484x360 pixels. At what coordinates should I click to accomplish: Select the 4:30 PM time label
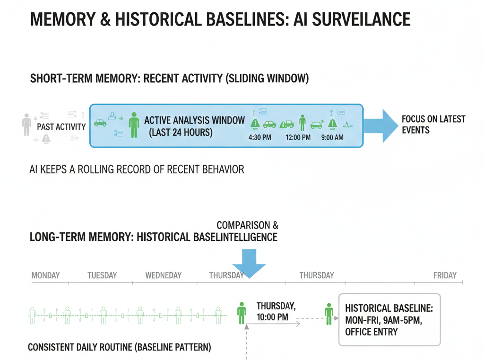pos(259,138)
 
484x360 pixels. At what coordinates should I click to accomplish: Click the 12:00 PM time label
pos(298,138)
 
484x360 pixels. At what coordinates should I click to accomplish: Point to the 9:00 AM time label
pos(333,138)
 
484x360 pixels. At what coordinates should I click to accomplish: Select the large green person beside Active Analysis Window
pos(134,125)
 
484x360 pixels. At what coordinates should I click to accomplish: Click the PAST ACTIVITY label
pos(61,127)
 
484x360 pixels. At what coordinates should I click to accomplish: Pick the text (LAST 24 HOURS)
pos(181,133)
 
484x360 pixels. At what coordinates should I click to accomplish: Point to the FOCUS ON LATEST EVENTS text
pos(433,124)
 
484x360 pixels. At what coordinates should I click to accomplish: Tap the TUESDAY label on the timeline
pos(102,275)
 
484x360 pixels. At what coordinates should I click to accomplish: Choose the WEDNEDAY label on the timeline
pos(164,275)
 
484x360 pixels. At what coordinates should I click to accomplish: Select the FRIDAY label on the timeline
pos(445,275)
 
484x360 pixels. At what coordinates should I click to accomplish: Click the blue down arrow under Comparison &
pos(249,263)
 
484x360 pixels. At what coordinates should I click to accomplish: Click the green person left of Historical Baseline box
pos(329,314)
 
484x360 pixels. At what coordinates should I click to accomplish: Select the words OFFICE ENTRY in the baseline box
pos(372,332)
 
